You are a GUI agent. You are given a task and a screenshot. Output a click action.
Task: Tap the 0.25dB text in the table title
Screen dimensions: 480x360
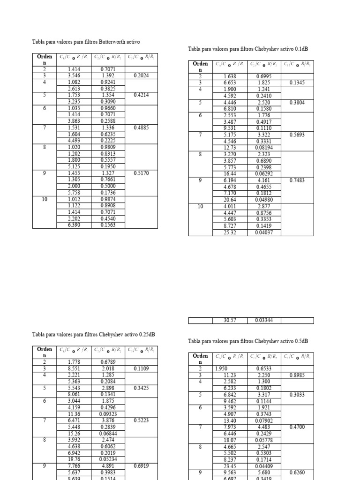pyautogui.click(x=147, y=335)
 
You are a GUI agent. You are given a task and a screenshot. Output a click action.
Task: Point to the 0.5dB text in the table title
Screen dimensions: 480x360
pyautogui.click(x=301, y=341)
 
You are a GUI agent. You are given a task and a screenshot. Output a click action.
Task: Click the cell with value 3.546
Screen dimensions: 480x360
pyautogui.click(x=74, y=75)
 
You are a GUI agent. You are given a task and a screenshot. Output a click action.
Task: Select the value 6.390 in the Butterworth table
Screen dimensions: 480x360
pyautogui.click(x=74, y=225)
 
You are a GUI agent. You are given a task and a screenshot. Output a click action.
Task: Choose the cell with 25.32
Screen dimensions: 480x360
pyautogui.click(x=230, y=232)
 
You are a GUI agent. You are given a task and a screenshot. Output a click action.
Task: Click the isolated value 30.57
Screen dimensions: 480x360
pyautogui.click(x=230, y=321)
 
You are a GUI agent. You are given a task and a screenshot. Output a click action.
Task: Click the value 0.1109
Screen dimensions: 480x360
pyautogui.click(x=142, y=369)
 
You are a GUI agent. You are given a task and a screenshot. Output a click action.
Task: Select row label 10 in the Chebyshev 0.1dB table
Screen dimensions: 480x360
pyautogui.click(x=200, y=206)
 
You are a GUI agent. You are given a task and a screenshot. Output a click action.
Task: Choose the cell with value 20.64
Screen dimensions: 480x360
pyautogui.click(x=230, y=199)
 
